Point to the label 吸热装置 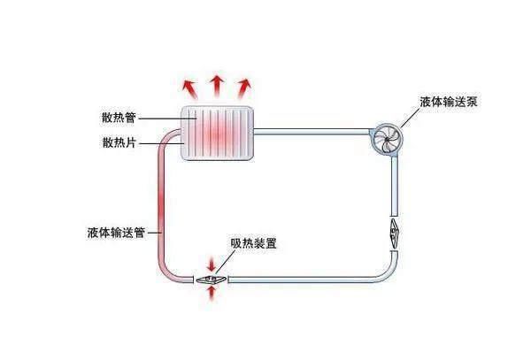tap(253, 243)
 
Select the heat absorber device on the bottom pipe tap(211, 279)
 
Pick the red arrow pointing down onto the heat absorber tap(211, 264)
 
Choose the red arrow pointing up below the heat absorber tap(211, 294)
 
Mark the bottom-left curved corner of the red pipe tap(168, 270)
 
